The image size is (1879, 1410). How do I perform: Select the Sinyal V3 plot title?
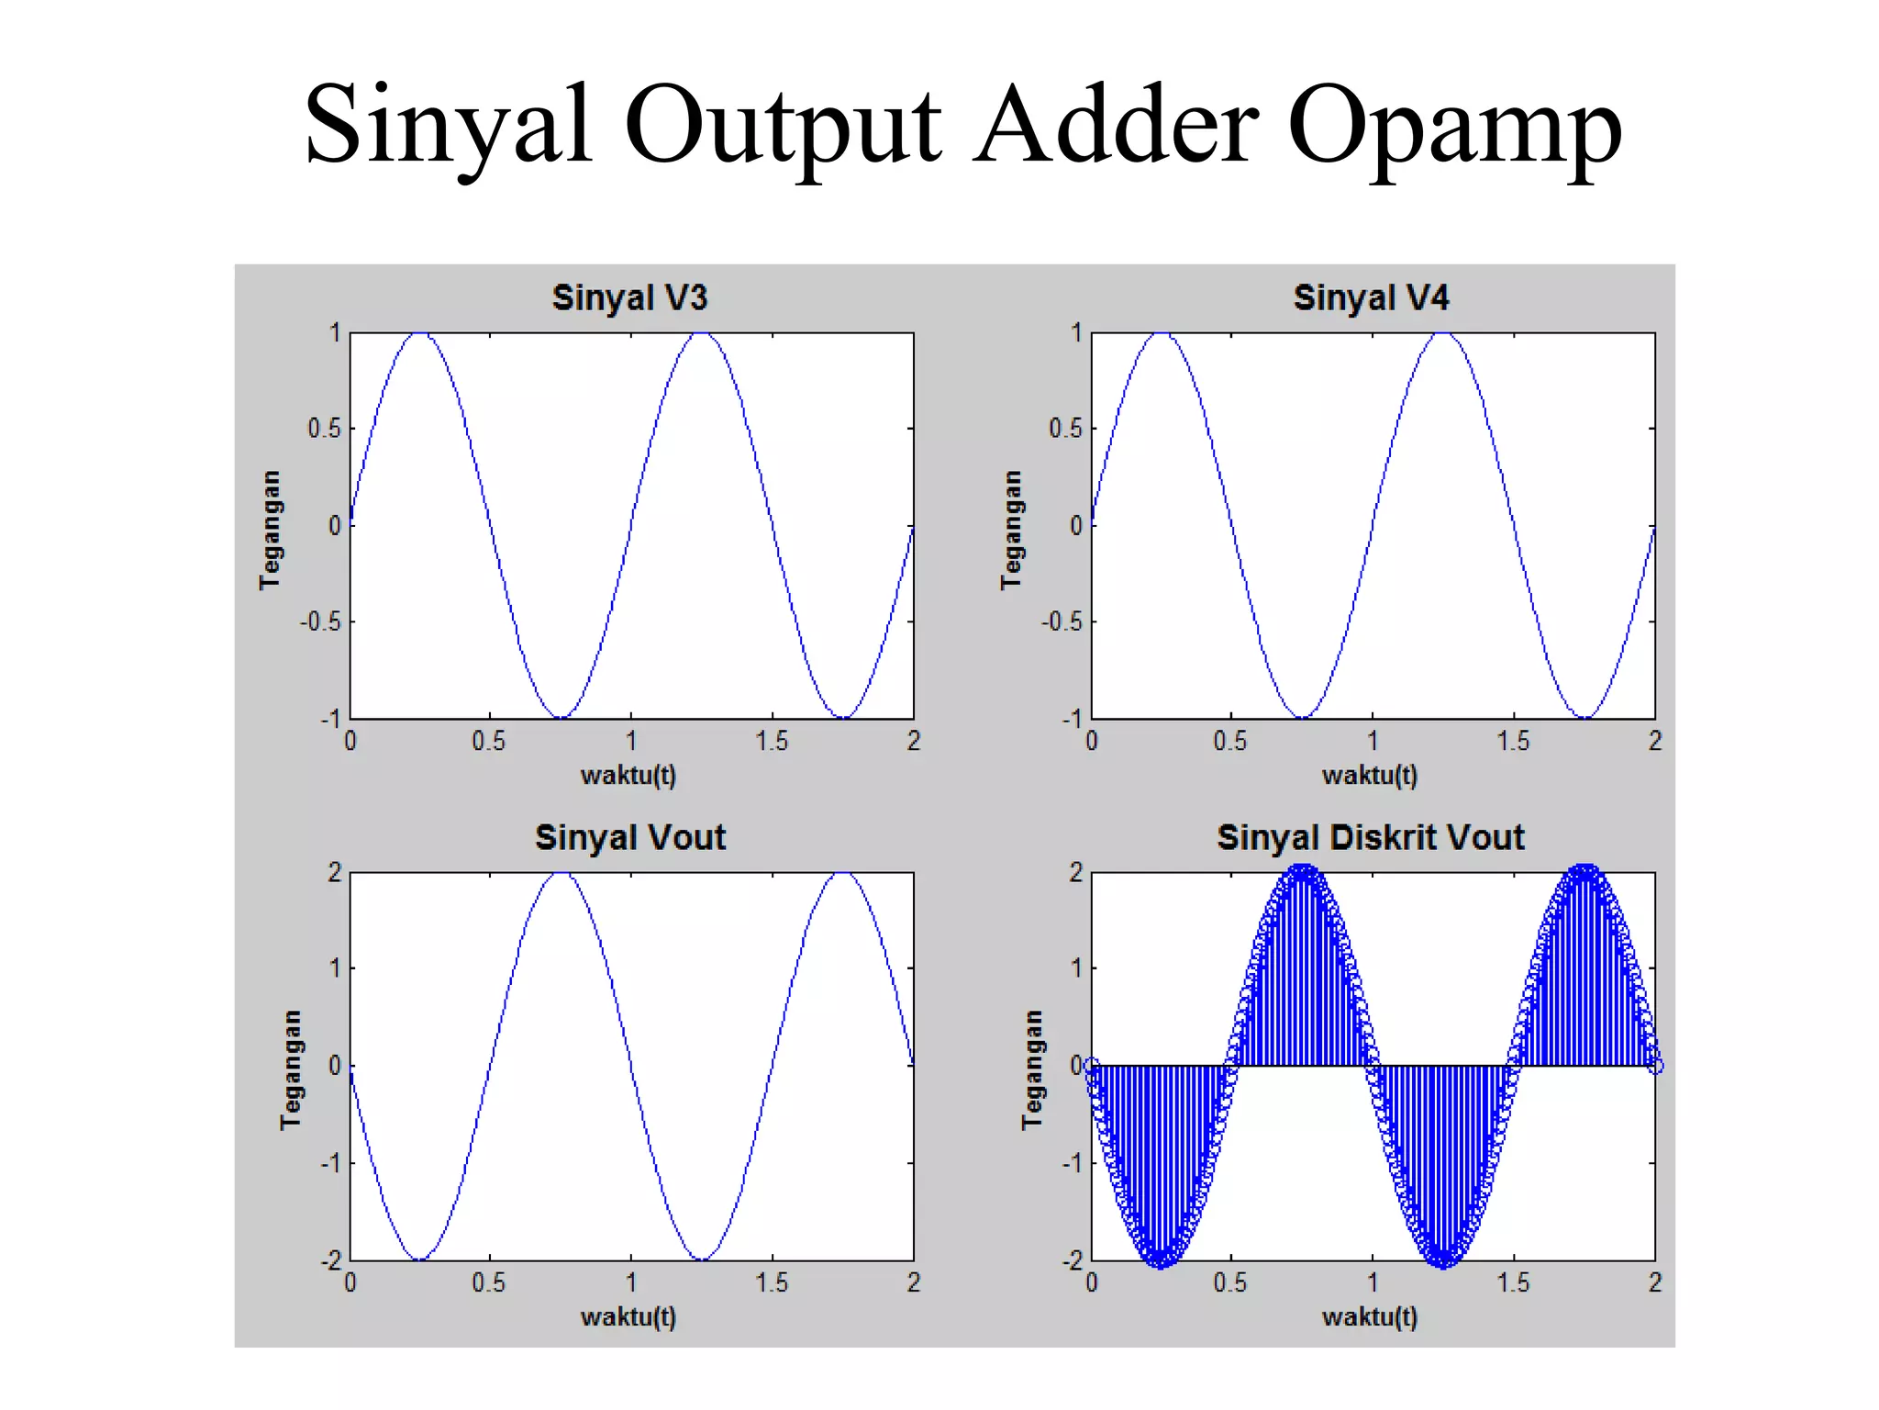[x=629, y=297]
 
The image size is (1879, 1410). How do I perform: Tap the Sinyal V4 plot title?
[x=1371, y=297]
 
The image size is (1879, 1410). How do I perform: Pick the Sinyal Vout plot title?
[x=630, y=837]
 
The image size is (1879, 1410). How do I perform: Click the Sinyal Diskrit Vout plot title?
[x=1371, y=837]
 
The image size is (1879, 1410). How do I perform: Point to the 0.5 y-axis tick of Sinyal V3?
[x=323, y=429]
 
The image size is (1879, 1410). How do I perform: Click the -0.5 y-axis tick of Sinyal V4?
[x=1061, y=622]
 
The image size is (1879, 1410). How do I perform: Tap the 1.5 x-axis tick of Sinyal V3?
[x=772, y=742]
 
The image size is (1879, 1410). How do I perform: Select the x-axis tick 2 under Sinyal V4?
[x=1654, y=742]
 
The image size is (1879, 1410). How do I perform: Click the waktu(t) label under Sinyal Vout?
[x=628, y=1317]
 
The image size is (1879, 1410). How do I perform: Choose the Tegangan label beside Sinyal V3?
[x=270, y=530]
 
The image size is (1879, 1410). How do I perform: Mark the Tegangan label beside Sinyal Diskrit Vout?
[x=1033, y=1069]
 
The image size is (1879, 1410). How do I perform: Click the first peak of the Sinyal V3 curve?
[x=420, y=334]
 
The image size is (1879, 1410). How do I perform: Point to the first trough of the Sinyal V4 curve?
[x=1302, y=717]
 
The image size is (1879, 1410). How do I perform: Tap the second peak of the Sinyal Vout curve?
[x=843, y=874]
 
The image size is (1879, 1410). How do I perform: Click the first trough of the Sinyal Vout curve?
[x=419, y=1259]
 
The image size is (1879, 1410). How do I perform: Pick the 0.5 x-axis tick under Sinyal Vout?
[x=489, y=1282]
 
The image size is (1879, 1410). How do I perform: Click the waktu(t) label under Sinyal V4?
[x=1370, y=777]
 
